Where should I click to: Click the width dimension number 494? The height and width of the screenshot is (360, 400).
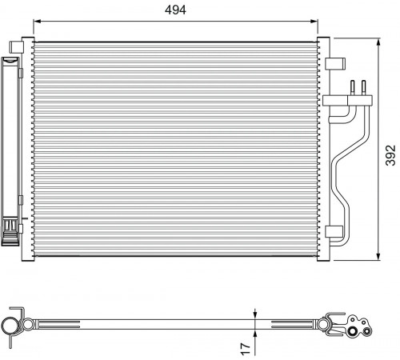tap(175, 10)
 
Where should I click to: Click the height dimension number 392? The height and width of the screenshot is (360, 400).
tap(390, 155)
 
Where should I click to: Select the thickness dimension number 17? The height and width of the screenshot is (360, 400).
tap(246, 349)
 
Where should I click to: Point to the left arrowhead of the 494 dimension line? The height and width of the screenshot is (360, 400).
tap(37, 22)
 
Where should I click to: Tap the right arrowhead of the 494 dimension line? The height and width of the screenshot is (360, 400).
tap(314, 22)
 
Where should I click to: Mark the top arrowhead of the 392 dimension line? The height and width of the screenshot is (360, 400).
tap(378, 42)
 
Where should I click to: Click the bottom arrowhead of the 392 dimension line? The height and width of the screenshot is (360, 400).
tap(378, 257)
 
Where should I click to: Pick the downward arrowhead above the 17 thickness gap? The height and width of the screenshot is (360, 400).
tap(255, 315)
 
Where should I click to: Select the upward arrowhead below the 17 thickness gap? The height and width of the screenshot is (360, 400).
tap(255, 333)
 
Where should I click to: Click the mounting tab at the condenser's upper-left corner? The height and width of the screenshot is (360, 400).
tap(16, 47)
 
